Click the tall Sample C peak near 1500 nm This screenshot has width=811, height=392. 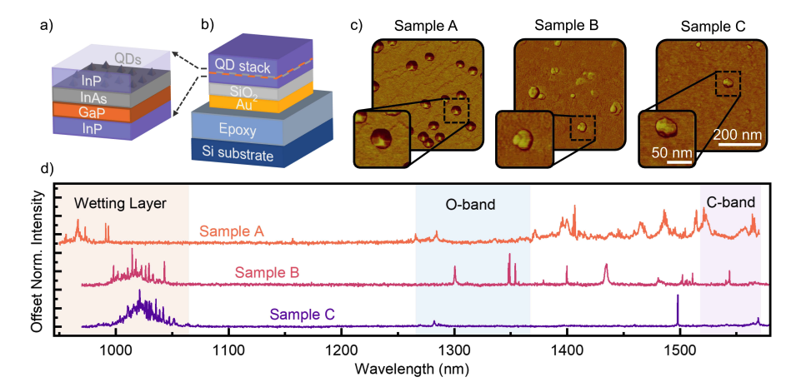(678, 298)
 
